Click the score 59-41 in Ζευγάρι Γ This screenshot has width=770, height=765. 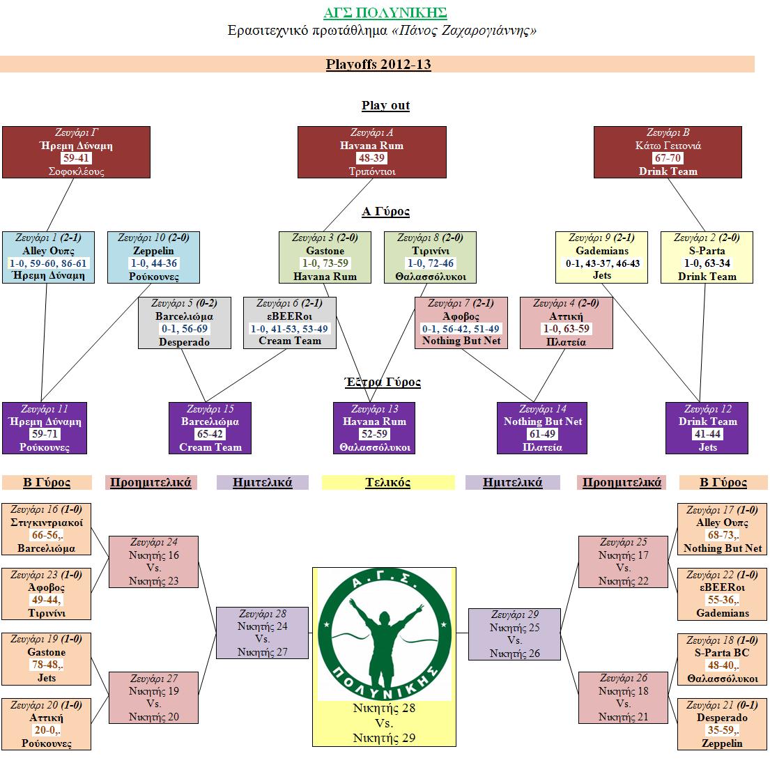point(76,159)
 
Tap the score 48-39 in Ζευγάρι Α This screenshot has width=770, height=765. point(371,159)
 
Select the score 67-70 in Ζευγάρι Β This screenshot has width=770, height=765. point(668,159)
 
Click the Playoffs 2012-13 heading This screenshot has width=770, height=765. point(378,65)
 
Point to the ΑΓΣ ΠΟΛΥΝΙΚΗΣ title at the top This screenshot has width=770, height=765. point(385,13)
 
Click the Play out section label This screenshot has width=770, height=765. point(385,106)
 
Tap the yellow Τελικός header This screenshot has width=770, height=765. point(388,482)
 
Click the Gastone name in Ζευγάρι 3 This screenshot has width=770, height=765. point(325,251)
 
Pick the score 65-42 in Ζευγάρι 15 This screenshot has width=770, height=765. point(210,435)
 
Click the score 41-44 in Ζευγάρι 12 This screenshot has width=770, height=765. point(707,435)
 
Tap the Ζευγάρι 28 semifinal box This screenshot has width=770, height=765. point(262,633)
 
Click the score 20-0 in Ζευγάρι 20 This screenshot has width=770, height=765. point(47,730)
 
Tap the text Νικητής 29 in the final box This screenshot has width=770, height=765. point(384,738)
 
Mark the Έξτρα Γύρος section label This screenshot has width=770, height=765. point(383,382)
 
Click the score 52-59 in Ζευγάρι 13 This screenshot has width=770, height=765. point(374,435)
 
